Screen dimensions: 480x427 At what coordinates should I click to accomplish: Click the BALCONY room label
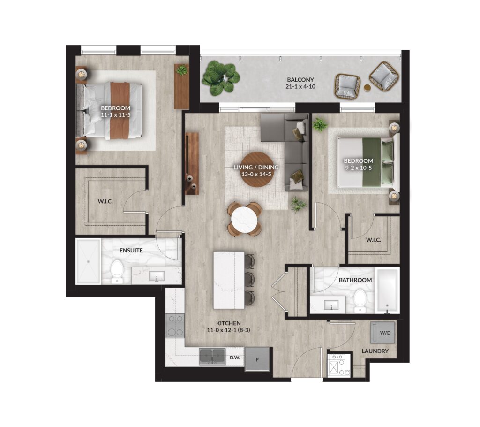(x=300, y=79)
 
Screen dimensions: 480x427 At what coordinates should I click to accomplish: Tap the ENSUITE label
(x=131, y=251)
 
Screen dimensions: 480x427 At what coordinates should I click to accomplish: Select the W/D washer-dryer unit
(x=382, y=333)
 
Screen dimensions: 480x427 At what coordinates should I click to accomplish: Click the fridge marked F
(x=257, y=359)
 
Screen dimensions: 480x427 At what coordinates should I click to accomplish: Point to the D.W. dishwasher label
(x=235, y=358)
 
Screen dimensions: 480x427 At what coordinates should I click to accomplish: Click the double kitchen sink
(x=212, y=356)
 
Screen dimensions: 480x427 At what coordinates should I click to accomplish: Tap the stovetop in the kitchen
(x=175, y=326)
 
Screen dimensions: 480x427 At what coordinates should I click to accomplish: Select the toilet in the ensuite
(x=117, y=271)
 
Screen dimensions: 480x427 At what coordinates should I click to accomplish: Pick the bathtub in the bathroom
(x=387, y=290)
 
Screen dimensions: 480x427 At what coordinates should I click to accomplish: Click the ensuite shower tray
(x=88, y=261)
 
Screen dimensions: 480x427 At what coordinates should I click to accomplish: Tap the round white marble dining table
(x=244, y=220)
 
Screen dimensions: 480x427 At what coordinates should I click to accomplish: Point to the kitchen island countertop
(x=229, y=280)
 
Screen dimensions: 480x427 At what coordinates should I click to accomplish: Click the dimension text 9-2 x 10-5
(x=358, y=168)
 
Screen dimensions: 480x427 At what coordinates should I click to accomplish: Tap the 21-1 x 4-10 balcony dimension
(x=300, y=86)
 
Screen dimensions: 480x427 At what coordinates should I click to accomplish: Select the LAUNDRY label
(x=375, y=351)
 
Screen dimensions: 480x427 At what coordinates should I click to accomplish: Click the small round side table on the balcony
(x=367, y=88)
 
